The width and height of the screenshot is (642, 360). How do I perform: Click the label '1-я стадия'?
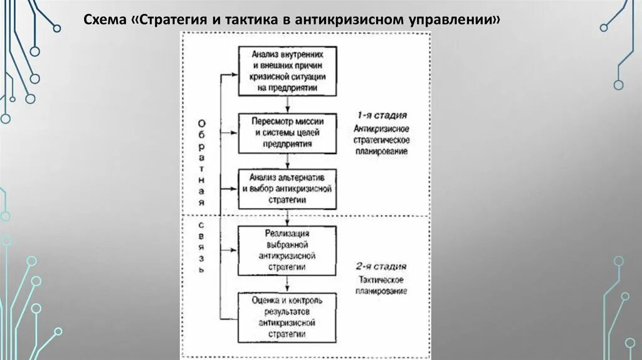click(382, 115)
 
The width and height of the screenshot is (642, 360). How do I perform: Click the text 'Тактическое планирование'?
click(382, 285)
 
